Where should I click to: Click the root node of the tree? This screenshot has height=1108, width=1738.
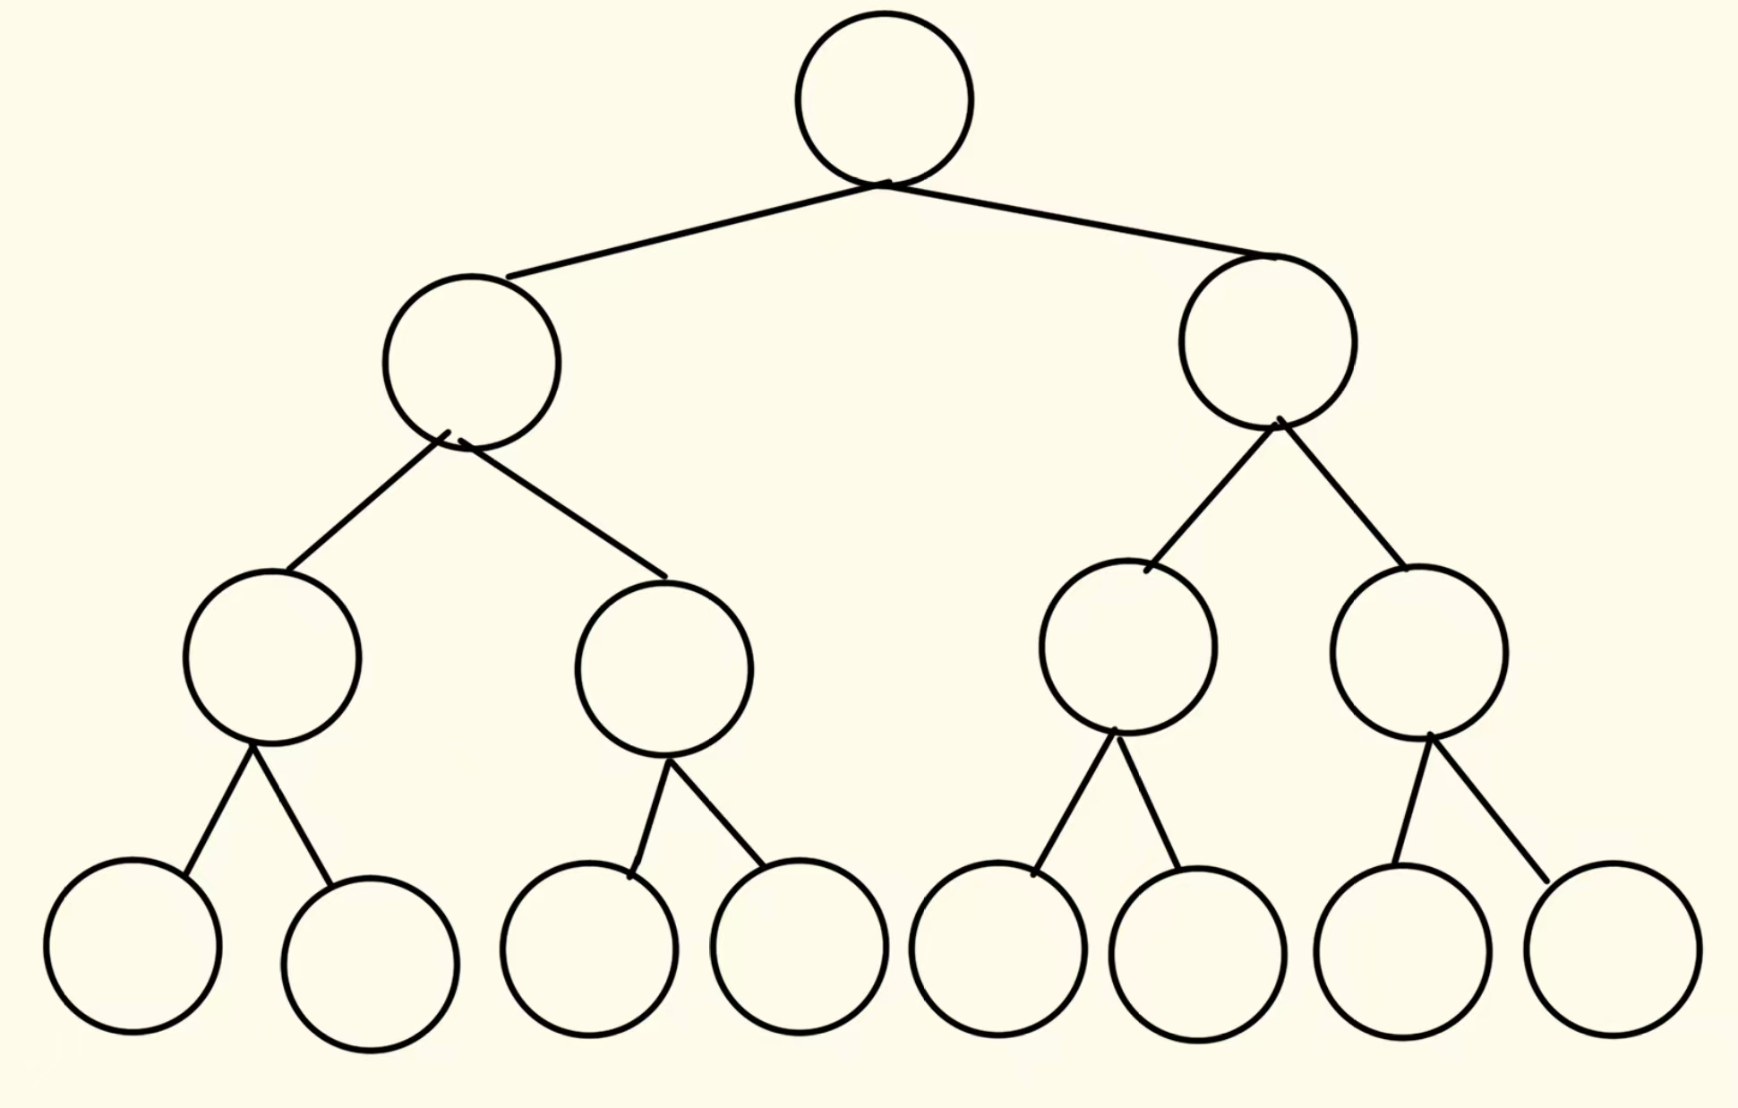coord(884,99)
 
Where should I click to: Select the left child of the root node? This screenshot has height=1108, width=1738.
coord(472,361)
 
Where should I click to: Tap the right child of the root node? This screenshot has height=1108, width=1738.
coord(1268,341)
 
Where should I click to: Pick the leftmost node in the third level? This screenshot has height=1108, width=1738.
coord(272,657)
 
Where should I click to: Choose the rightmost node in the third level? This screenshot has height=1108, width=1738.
coord(1419,652)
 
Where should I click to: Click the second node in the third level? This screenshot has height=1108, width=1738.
coord(664,668)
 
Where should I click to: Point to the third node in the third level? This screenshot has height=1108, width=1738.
coord(1128,647)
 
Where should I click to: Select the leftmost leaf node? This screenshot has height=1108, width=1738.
coord(133,947)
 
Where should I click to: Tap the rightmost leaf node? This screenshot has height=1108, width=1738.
coord(1613,949)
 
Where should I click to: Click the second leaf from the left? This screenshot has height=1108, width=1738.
coord(370,964)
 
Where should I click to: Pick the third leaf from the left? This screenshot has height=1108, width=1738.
coord(589,949)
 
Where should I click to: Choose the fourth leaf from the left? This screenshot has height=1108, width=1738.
coord(800,947)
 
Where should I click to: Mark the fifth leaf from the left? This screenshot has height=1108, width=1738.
coord(997,949)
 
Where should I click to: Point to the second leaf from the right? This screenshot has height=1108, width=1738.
coord(1403,951)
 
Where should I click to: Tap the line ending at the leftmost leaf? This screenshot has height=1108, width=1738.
coord(219,809)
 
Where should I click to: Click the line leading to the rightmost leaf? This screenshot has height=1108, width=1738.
coord(1489,809)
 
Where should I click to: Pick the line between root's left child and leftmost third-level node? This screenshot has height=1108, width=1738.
coord(367,502)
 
